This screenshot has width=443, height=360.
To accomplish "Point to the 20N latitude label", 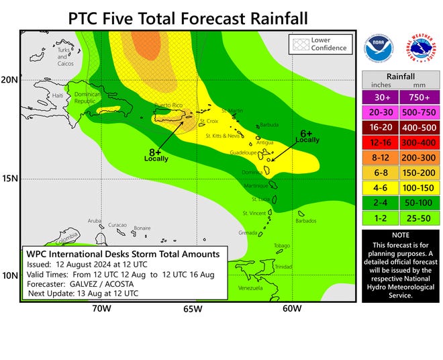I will (x=10, y=79).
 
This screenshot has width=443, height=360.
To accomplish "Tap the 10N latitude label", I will (x=10, y=276).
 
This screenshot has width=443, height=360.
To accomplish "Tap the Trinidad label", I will (x=285, y=267).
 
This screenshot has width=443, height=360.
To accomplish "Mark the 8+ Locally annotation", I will (x=156, y=154).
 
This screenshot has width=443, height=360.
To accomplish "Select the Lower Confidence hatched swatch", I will (x=299, y=45).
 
